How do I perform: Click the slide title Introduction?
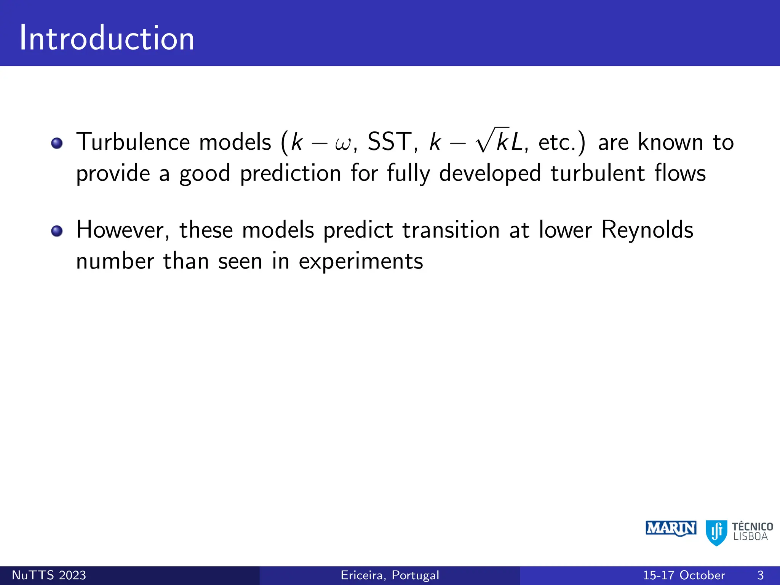107,38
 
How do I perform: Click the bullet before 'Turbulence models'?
57,143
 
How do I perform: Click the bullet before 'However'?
57,231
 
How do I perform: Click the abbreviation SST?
389,142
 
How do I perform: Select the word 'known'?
670,142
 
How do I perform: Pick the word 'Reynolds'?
647,230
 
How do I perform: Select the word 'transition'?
451,230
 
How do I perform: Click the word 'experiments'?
361,262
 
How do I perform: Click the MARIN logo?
671,529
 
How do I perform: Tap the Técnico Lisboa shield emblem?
716,532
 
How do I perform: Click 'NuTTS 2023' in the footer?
49,575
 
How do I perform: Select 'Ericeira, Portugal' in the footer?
390,575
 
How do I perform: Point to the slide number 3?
760,575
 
